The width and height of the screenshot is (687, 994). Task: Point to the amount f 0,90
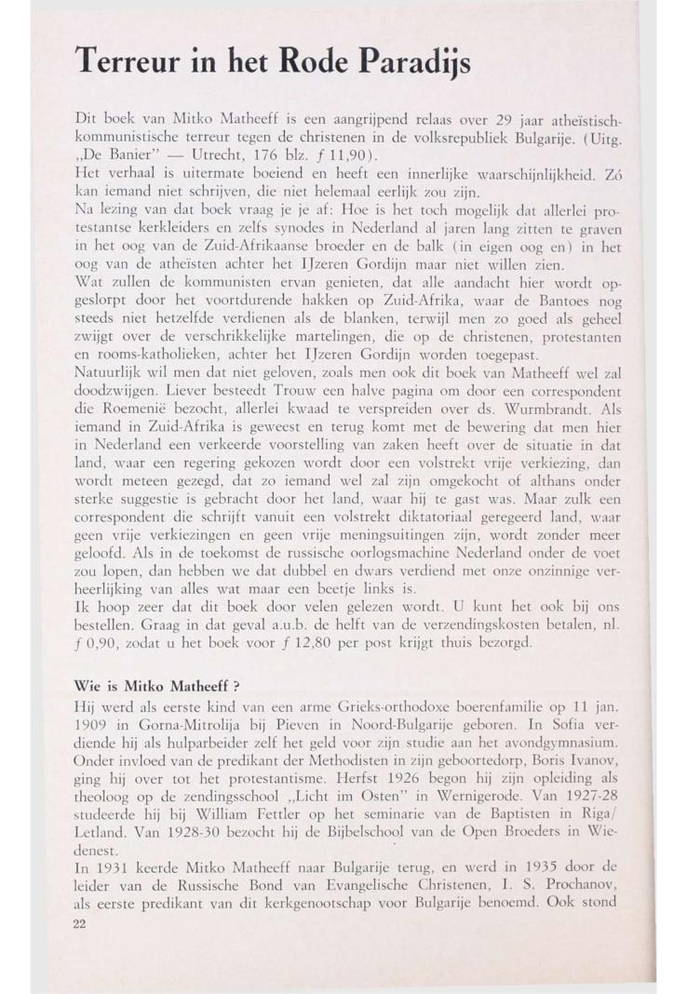click(x=93, y=643)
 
